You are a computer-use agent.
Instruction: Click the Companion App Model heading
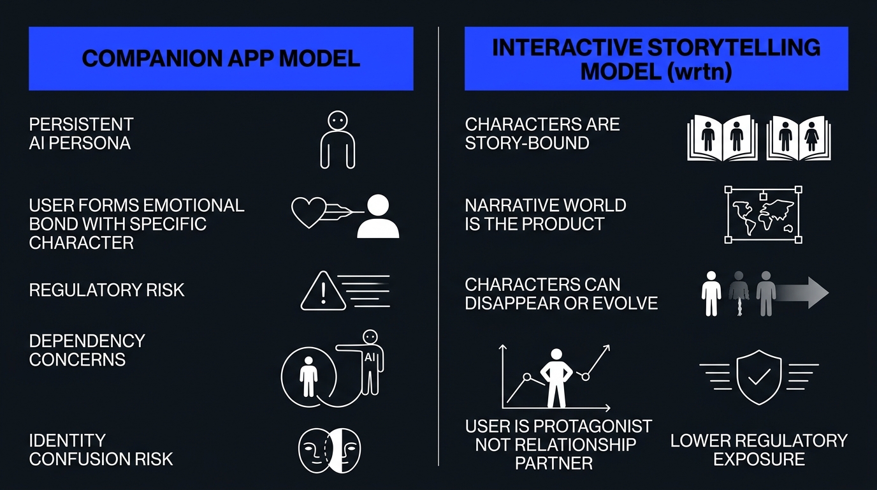(x=221, y=59)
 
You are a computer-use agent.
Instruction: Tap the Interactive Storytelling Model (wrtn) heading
(x=656, y=59)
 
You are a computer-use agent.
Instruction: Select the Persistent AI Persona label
(x=81, y=133)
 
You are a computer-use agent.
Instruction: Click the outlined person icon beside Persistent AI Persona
(x=337, y=140)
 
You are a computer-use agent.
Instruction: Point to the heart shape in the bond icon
(x=309, y=211)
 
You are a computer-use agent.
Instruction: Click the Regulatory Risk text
(x=106, y=290)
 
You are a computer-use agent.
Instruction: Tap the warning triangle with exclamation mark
(x=323, y=292)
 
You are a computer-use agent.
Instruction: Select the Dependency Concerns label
(x=87, y=350)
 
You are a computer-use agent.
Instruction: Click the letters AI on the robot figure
(x=370, y=358)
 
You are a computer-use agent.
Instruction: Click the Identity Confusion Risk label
(x=101, y=450)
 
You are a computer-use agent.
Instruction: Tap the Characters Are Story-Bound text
(x=542, y=133)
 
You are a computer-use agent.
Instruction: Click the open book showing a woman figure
(x=799, y=137)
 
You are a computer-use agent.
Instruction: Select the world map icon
(x=763, y=215)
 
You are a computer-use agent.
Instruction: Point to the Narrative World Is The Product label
(x=545, y=215)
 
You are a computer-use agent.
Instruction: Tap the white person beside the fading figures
(x=711, y=293)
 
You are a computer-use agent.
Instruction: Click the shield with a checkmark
(x=758, y=376)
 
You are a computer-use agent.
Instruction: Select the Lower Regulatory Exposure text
(x=758, y=450)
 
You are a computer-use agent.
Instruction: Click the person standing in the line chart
(x=556, y=378)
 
